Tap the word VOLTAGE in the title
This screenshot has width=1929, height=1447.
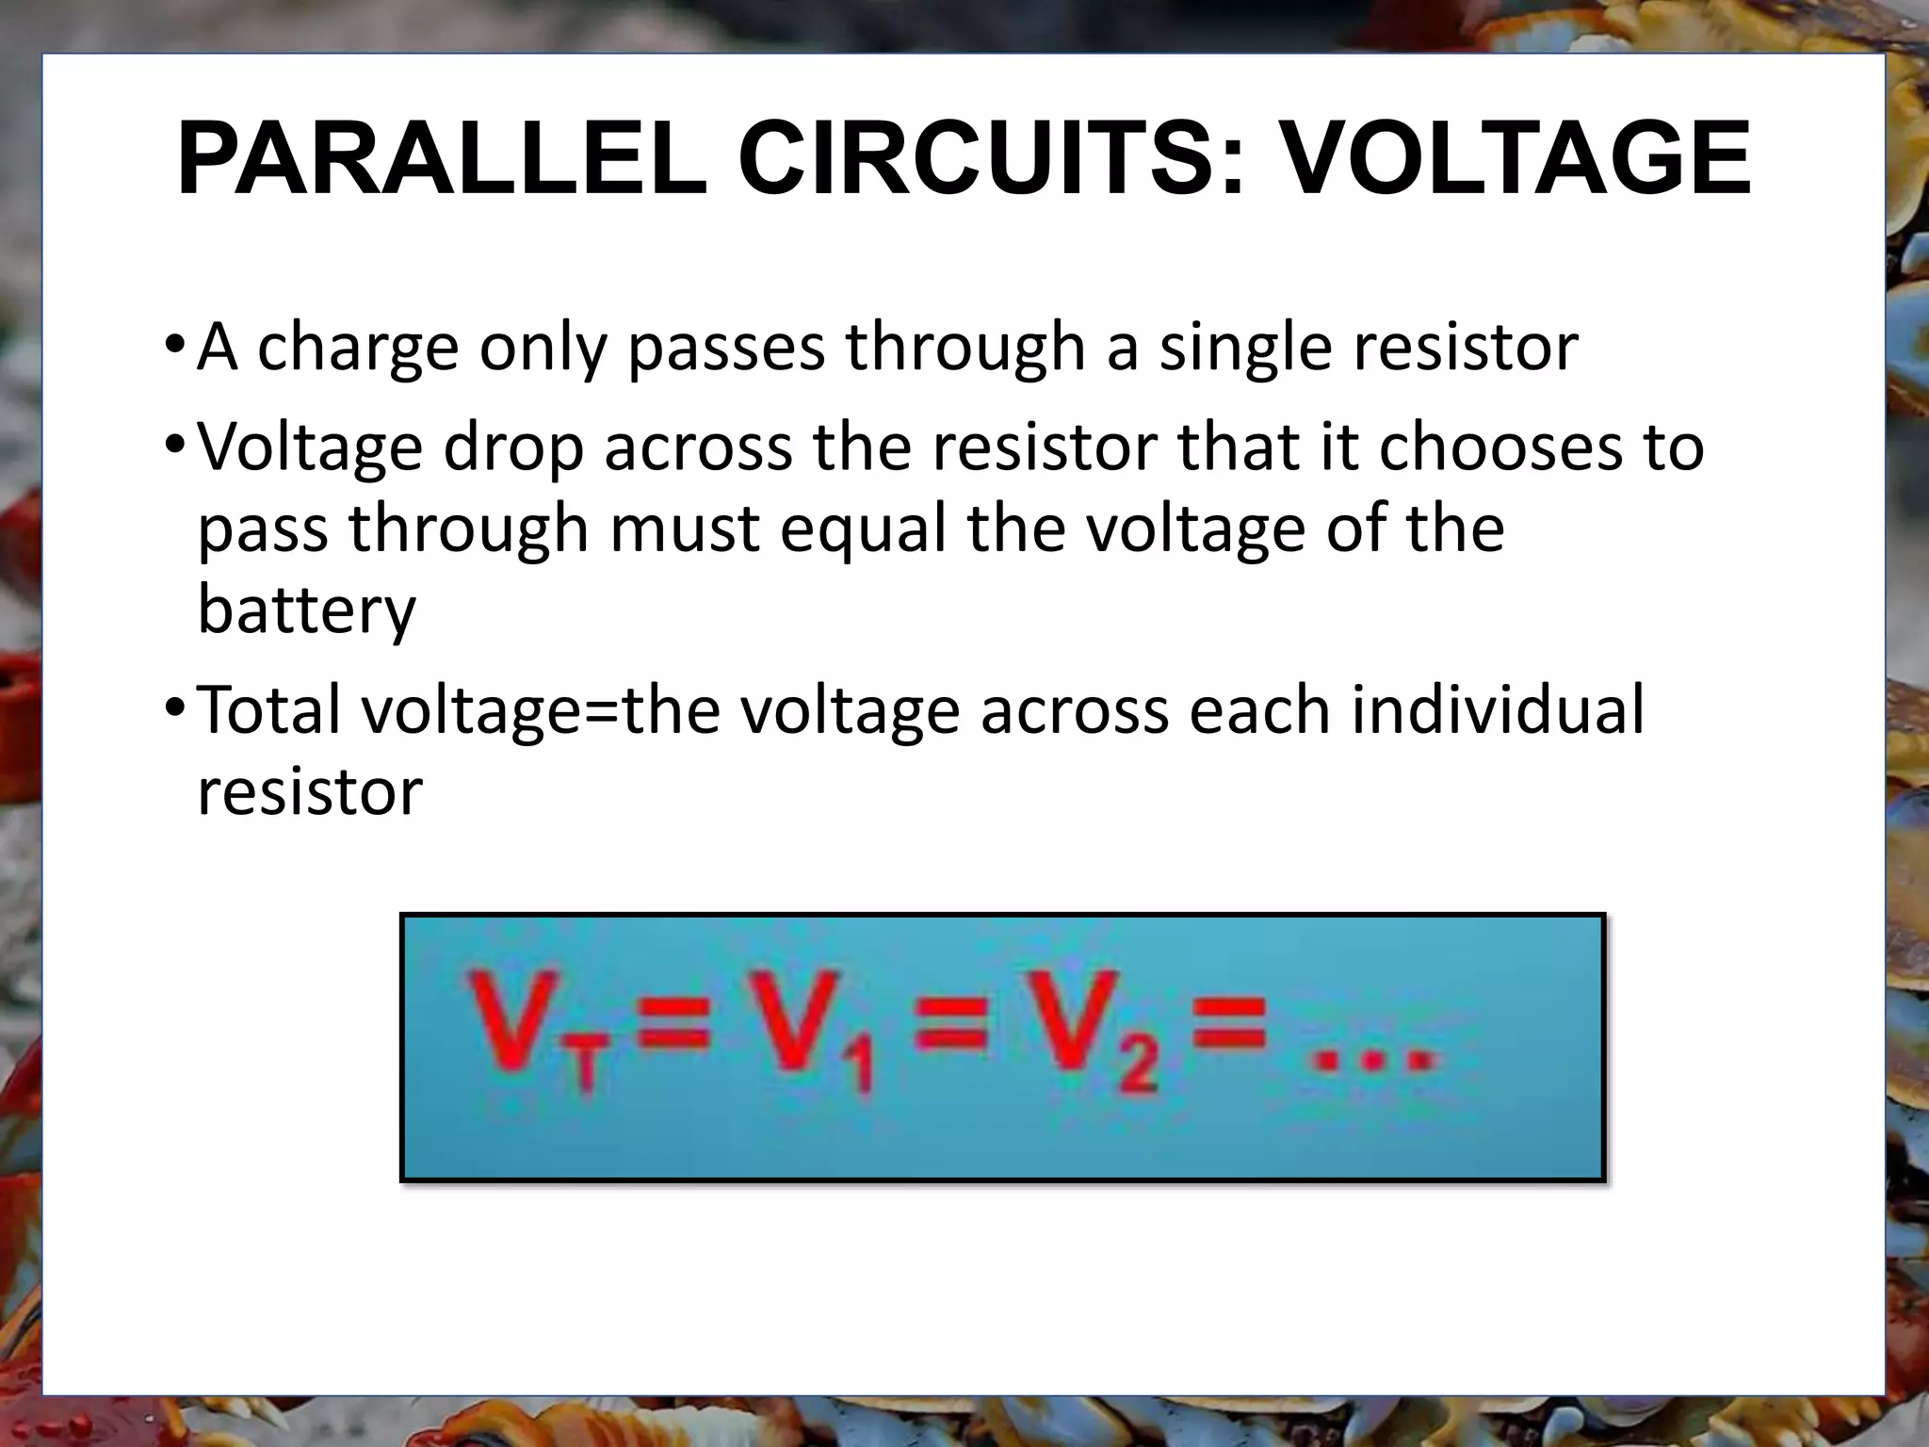pos(1516,158)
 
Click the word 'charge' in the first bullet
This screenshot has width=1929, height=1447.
pos(357,349)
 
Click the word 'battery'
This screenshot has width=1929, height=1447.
pos(306,610)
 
